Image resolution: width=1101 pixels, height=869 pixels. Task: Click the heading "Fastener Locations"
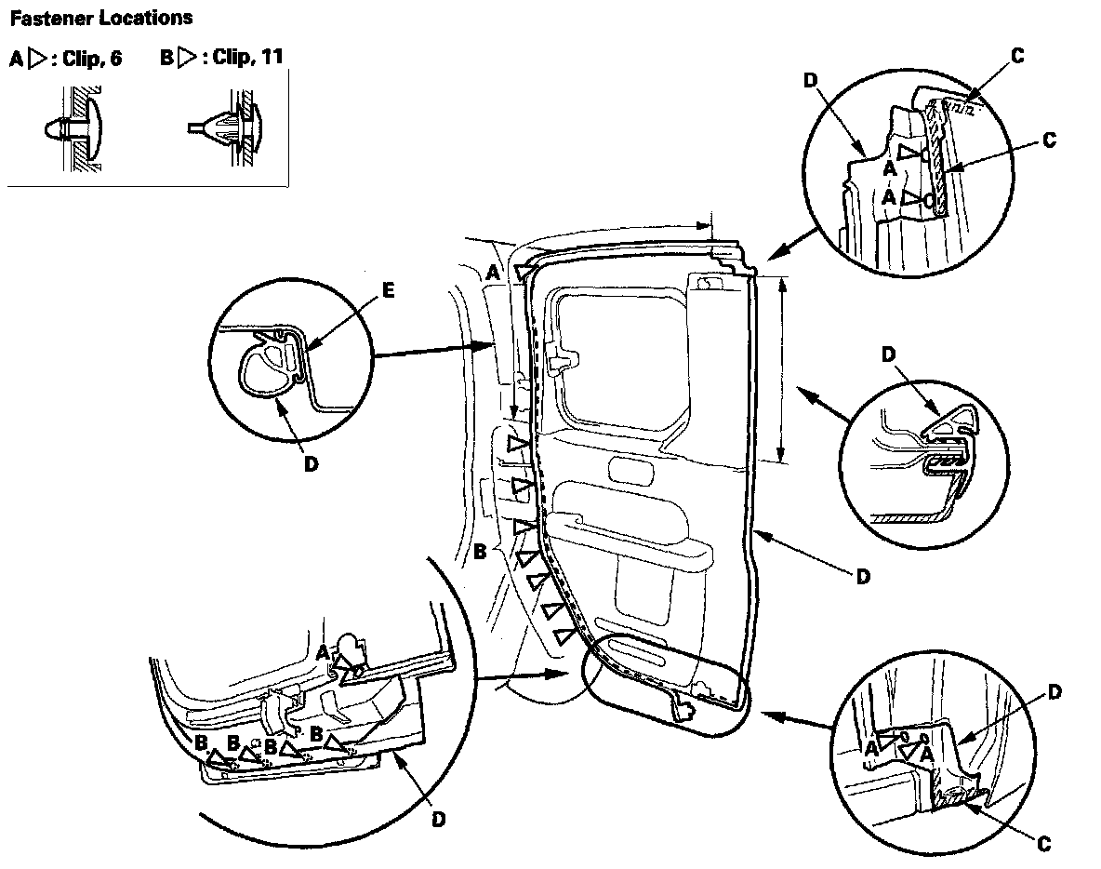tap(101, 19)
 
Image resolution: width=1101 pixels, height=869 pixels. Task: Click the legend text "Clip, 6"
tap(92, 59)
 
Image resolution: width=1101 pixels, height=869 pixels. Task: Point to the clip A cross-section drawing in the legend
tap(76, 129)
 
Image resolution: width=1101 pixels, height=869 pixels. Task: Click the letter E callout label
tap(389, 289)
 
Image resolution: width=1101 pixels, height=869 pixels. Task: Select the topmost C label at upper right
tap(1017, 56)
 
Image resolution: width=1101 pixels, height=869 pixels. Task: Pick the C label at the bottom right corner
tap(1043, 844)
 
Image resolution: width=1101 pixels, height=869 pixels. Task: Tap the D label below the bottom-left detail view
tap(438, 819)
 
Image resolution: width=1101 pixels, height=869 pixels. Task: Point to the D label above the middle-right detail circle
tap(889, 354)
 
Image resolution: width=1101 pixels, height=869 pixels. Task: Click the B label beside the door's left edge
tap(480, 552)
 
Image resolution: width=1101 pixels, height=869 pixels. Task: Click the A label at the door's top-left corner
tap(493, 272)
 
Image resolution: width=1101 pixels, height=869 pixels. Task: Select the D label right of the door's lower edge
tap(863, 577)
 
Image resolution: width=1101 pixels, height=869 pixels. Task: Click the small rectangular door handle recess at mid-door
tap(631, 469)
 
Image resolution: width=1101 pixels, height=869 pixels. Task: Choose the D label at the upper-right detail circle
tap(811, 80)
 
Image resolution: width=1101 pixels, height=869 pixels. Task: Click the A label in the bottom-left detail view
tap(323, 652)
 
